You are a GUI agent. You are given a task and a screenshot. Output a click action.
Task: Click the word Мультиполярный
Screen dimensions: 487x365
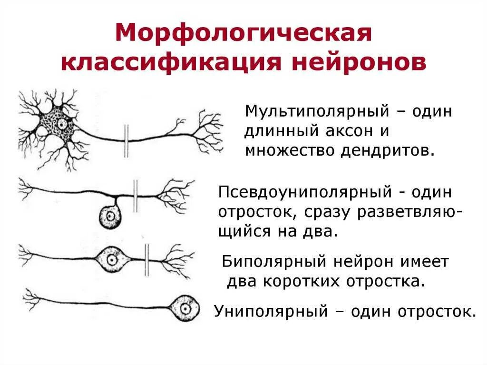(x=315, y=113)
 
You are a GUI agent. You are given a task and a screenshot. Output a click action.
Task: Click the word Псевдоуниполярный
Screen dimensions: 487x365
(x=304, y=193)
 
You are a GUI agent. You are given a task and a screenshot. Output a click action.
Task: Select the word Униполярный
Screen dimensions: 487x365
(x=271, y=312)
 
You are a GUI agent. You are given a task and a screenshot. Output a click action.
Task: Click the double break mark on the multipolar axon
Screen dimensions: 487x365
(x=127, y=140)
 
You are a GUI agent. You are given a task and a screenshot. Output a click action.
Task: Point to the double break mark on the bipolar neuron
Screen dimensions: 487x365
(x=147, y=259)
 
